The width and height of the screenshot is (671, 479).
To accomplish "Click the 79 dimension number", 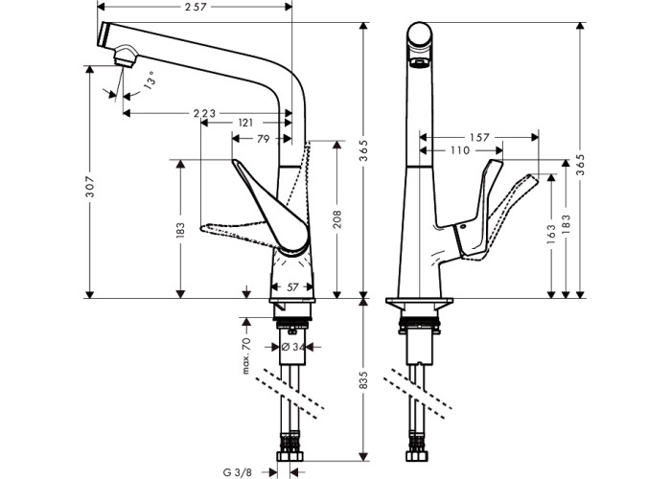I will [261, 140].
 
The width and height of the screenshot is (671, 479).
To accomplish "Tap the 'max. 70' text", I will [246, 355].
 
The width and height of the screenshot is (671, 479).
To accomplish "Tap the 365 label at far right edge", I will [580, 164].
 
